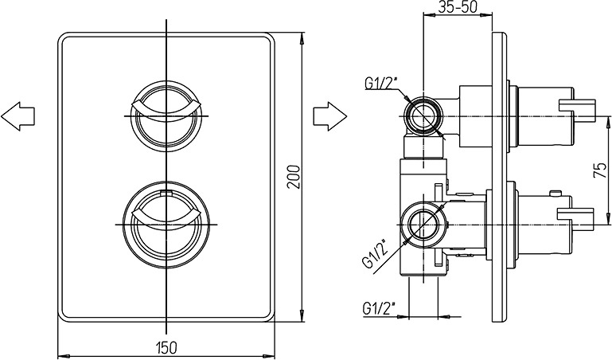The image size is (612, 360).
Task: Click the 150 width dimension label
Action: click(x=166, y=346)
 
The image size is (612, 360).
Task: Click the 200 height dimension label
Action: click(x=294, y=177)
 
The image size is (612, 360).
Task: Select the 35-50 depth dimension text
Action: click(x=458, y=6)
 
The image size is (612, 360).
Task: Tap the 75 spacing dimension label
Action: click(x=600, y=170)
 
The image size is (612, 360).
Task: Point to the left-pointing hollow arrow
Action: click(x=18, y=116)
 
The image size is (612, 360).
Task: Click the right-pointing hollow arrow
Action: click(x=329, y=116)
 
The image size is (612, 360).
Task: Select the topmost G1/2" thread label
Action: click(x=380, y=83)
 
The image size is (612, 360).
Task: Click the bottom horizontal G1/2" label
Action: click(x=379, y=308)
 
